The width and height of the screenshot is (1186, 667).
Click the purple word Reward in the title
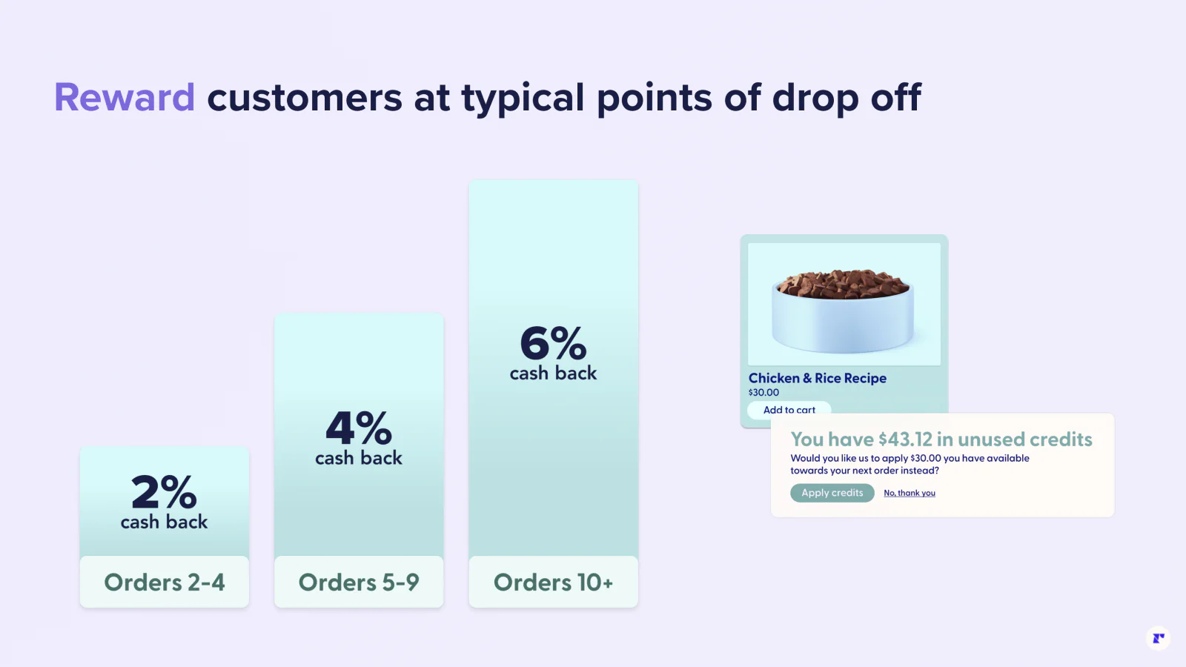pyautogui.click(x=125, y=98)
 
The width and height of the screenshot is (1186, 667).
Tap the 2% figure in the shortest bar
pyautogui.click(x=164, y=491)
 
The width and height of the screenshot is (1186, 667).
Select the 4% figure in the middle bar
pyautogui.click(x=359, y=428)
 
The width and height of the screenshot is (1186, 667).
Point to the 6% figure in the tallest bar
pyautogui.click(x=553, y=343)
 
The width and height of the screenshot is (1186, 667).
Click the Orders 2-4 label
pyautogui.click(x=164, y=583)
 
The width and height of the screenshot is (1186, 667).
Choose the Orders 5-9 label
pyautogui.click(x=359, y=583)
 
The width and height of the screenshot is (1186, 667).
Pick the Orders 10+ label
pyautogui.click(x=553, y=583)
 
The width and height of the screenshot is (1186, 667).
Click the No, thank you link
pyautogui.click(x=909, y=493)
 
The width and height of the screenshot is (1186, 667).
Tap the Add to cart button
pyautogui.click(x=789, y=410)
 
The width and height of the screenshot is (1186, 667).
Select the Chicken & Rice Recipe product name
pyautogui.click(x=817, y=378)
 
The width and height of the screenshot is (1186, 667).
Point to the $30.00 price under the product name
pyautogui.click(x=763, y=393)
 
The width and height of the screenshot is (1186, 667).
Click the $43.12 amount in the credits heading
pyautogui.click(x=905, y=439)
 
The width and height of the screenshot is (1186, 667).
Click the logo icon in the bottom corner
pyautogui.click(x=1158, y=637)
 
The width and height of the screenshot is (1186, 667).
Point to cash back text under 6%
pyautogui.click(x=553, y=374)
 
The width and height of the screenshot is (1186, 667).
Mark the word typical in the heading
pyautogui.click(x=523, y=98)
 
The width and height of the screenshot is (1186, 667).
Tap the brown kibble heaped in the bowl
pyautogui.click(x=844, y=284)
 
